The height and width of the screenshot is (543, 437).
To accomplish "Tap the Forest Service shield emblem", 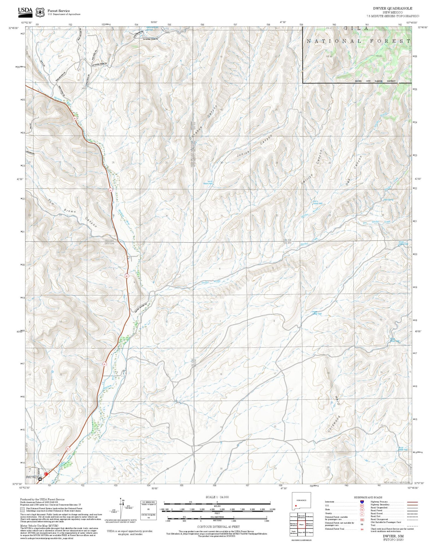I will coord(40,13).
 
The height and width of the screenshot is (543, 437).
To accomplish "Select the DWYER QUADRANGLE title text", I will coord(392,8).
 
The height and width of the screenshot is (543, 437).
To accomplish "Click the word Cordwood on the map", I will coord(334,423).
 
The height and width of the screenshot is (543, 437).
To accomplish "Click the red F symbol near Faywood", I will coord(46,474).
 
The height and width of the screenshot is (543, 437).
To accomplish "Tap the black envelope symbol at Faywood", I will coord(40,479).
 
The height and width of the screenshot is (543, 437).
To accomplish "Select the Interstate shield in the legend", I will coord(362,502).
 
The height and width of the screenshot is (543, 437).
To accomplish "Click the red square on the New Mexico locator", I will coord(296,506).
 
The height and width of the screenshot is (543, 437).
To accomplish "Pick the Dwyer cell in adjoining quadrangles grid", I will coord(301,524).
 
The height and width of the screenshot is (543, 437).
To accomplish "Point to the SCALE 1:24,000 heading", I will coord(217,497).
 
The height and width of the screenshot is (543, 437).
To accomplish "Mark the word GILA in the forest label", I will coord(356,29).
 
